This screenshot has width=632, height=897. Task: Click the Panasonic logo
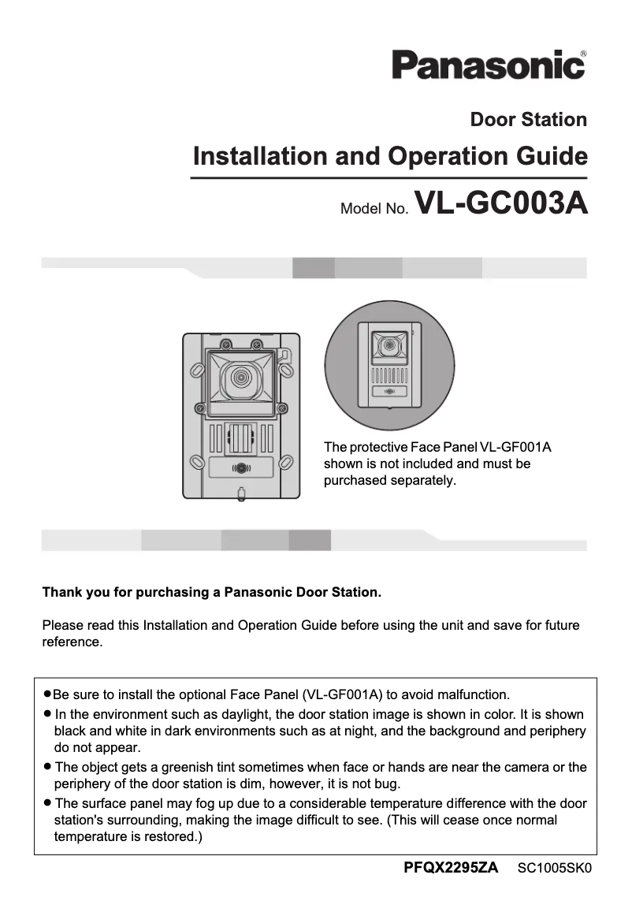tap(488, 65)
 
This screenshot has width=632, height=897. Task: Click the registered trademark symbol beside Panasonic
tap(582, 54)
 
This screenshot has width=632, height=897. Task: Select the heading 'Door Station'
tap(528, 120)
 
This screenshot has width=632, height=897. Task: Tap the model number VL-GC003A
tap(501, 203)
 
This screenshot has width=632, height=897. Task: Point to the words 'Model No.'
tap(374, 209)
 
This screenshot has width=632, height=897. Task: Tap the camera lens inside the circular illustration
tap(388, 346)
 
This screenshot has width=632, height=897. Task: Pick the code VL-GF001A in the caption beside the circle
tap(515, 447)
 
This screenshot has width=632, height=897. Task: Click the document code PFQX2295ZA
tap(451, 868)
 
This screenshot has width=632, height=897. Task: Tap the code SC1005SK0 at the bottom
tap(554, 869)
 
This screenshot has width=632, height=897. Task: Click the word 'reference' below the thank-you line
tap(71, 642)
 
